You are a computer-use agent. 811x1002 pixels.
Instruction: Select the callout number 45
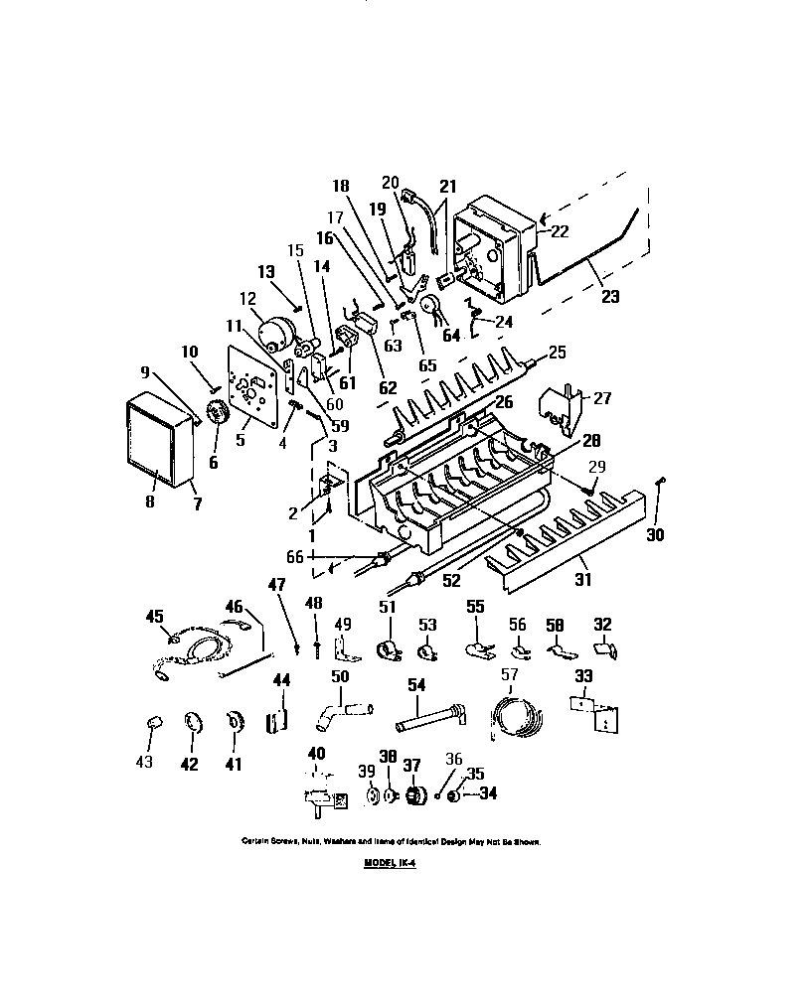154,617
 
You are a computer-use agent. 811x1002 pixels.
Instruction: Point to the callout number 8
150,501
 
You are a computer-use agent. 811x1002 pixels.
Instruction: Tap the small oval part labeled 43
154,722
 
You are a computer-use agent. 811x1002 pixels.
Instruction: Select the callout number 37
410,764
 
